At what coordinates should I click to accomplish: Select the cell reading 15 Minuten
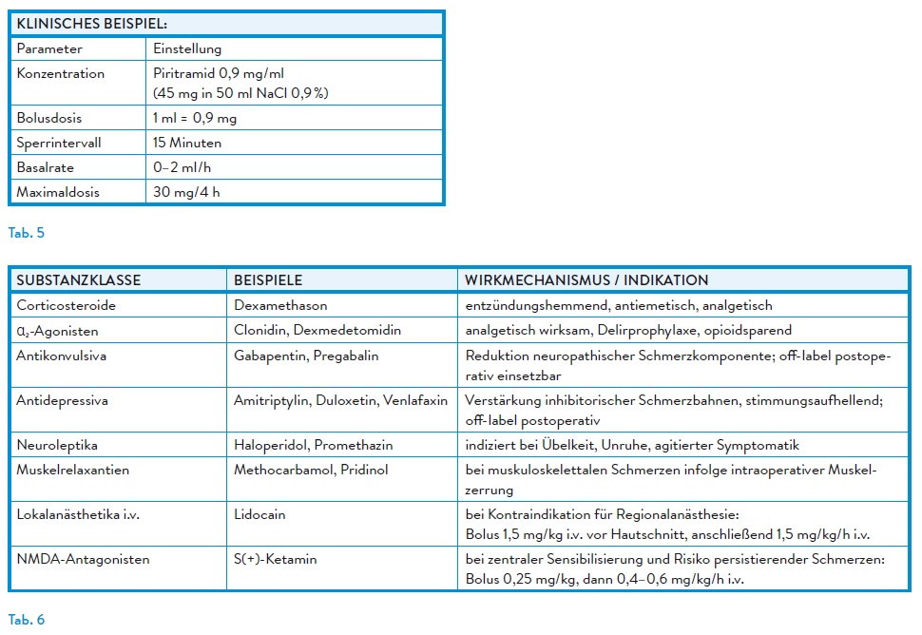(187, 143)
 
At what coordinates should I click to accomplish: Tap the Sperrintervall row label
(59, 143)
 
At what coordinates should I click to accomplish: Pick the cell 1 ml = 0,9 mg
(195, 119)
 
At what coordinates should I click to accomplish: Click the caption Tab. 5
(27, 233)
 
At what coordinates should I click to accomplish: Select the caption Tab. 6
(27, 620)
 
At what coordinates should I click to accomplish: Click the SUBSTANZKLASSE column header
(79, 280)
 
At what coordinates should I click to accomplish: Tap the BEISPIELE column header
(268, 280)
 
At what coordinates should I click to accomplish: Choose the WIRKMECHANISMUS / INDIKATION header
(586, 280)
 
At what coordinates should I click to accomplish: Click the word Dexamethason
(280, 305)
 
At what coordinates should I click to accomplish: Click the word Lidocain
(259, 514)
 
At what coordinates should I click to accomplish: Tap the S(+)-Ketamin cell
(276, 559)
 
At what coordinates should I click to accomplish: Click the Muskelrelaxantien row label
(73, 470)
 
